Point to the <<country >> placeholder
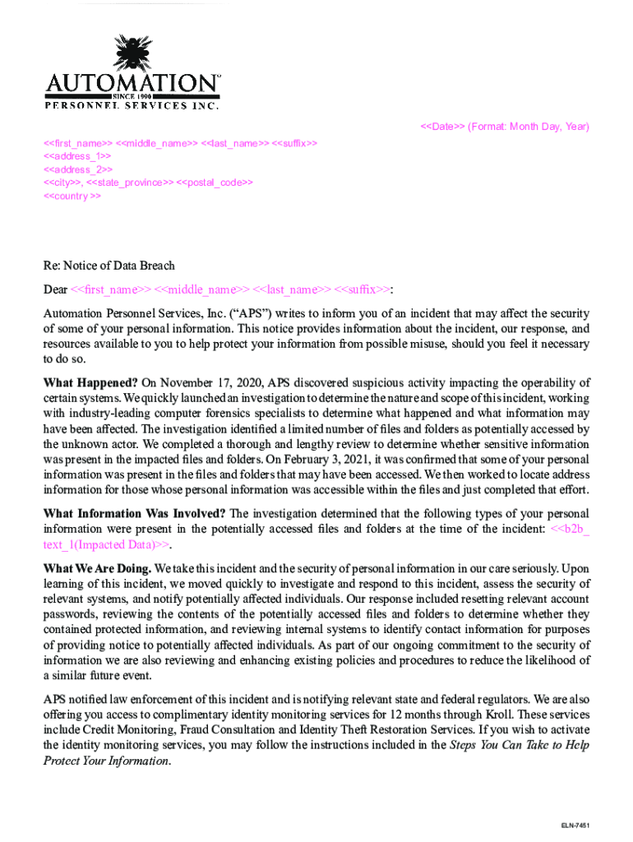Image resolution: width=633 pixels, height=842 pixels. coord(72,197)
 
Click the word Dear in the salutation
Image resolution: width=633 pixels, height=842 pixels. coord(55,289)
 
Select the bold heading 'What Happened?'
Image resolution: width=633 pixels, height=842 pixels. coord(90,383)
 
